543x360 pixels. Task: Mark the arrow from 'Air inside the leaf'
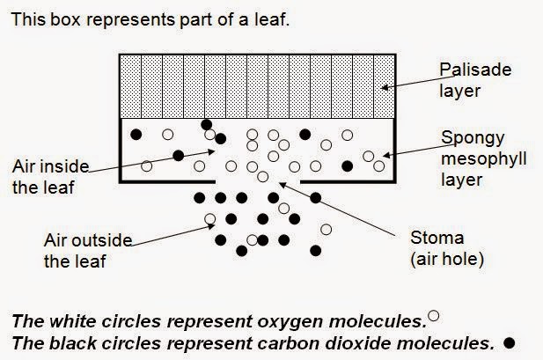[x=150, y=158]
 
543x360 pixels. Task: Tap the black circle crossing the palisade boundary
[x=207, y=124]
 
